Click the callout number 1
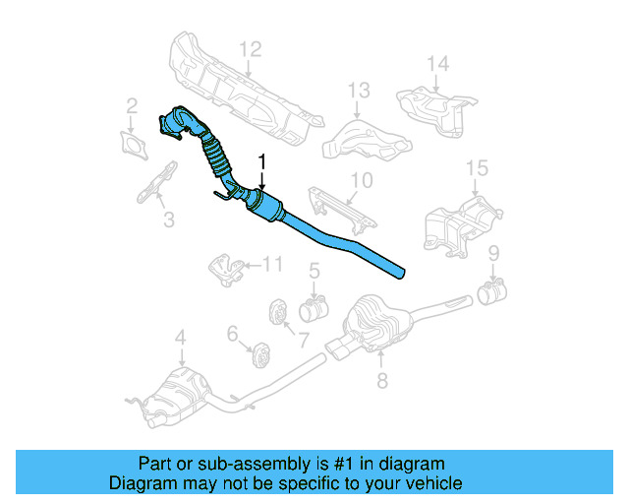point(261,159)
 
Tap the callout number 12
point(251,48)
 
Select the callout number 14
point(437,65)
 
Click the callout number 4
point(180,340)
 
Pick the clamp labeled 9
point(490,290)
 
